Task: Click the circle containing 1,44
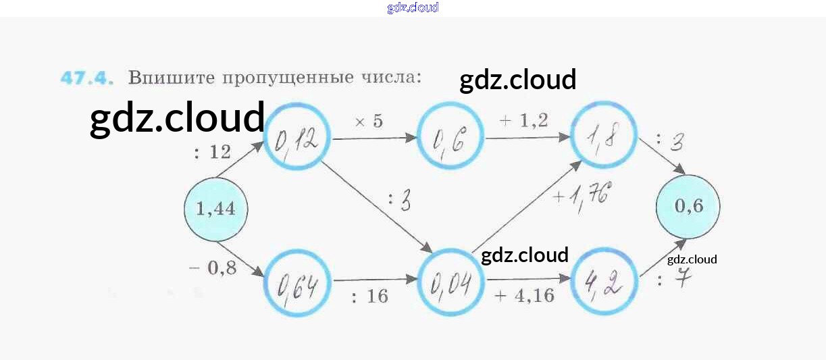[x=215, y=209]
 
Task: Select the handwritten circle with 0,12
[x=296, y=138]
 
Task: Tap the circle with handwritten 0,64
[x=297, y=283]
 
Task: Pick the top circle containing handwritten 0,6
[x=450, y=139]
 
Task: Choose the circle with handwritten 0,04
[x=450, y=283]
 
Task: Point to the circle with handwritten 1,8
[x=604, y=139]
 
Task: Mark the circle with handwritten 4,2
[x=604, y=282]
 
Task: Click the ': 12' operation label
[x=213, y=153]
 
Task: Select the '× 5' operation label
[x=369, y=122]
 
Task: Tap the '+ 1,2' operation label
[x=523, y=120]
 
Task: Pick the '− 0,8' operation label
[x=212, y=268]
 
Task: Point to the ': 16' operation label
[x=369, y=297]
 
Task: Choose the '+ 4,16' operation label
[x=524, y=297]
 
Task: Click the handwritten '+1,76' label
[x=581, y=197]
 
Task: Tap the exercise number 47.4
[x=85, y=78]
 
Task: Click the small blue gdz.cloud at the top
[x=413, y=7]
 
